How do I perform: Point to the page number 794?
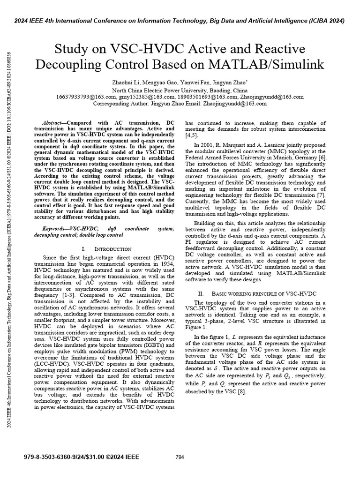[x=180, y=457]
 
